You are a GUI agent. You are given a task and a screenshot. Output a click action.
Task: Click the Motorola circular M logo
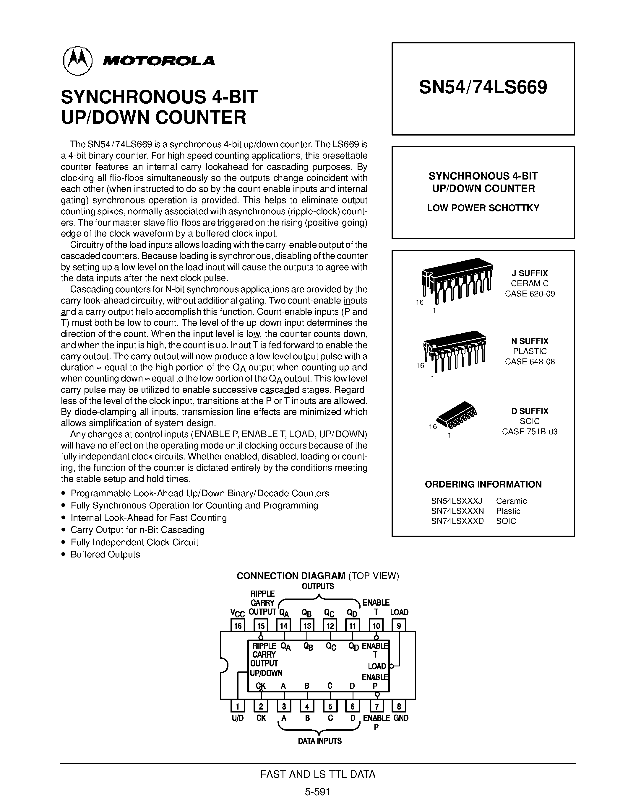tap(77, 61)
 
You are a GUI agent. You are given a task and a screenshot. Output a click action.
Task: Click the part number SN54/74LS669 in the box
tap(483, 88)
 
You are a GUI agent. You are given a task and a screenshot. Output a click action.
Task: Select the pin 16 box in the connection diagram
tap(238, 625)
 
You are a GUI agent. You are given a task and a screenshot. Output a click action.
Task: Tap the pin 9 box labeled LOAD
tap(399, 625)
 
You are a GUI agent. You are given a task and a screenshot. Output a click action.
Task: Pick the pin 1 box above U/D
tap(238, 706)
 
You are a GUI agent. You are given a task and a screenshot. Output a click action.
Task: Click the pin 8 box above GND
tap(399, 706)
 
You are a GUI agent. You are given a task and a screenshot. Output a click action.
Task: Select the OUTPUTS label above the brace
tap(318, 586)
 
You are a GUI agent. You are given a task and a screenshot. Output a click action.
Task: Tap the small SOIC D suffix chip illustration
tap(457, 414)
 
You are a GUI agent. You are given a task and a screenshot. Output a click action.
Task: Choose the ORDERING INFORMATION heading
tap(483, 484)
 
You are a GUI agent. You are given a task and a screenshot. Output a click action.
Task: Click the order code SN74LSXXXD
tap(457, 521)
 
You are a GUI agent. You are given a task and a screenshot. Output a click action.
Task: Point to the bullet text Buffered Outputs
tap(105, 554)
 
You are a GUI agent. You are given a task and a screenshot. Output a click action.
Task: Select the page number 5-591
tap(317, 792)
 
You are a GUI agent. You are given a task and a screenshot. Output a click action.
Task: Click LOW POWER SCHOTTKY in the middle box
tap(483, 208)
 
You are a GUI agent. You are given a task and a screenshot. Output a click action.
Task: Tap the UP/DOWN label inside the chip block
tap(266, 673)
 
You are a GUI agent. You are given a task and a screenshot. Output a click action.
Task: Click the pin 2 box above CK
tap(261, 706)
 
